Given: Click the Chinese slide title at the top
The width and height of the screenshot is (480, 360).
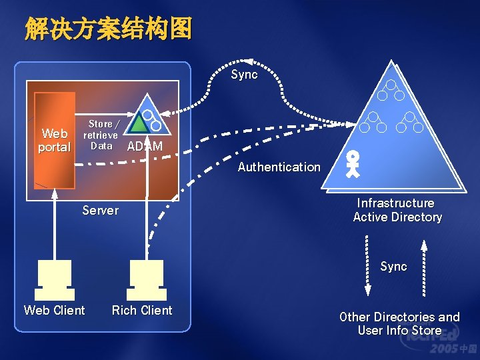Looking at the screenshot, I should (x=109, y=29).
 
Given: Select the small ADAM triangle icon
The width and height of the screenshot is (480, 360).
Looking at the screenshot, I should (x=147, y=119).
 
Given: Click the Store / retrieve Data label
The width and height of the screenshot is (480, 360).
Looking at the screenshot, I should (x=101, y=135).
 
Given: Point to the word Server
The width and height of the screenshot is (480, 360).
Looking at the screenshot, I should (x=100, y=211).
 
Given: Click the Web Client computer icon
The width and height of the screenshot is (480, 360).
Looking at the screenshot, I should (x=55, y=280).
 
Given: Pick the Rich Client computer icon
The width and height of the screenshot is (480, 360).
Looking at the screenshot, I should (x=147, y=280).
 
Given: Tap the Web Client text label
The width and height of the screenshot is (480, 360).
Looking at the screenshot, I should (x=55, y=311).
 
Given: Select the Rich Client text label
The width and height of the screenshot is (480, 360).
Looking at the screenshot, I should (x=142, y=311).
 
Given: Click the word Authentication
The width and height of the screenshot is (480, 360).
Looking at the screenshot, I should (x=279, y=167).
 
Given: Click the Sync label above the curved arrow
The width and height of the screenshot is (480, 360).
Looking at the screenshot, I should (x=244, y=75).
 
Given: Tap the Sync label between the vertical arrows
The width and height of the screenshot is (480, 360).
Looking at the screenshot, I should (x=393, y=267).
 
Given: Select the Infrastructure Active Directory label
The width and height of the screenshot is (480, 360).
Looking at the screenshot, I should (x=397, y=210).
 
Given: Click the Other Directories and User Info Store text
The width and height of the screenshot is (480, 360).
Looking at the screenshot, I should (x=399, y=324).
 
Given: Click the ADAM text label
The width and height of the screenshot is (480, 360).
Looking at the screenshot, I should (x=145, y=147).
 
